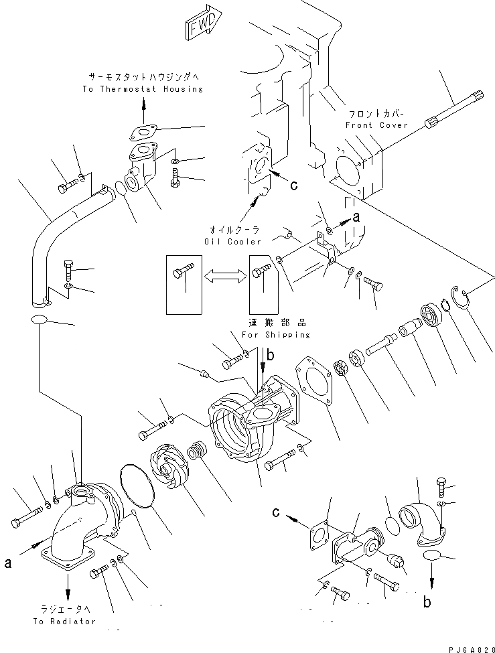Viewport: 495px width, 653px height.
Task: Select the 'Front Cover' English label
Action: click(376, 125)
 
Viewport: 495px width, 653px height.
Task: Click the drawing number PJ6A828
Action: click(464, 644)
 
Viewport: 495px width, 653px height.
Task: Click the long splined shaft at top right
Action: click(455, 110)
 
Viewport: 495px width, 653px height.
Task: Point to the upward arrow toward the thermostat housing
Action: click(143, 104)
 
